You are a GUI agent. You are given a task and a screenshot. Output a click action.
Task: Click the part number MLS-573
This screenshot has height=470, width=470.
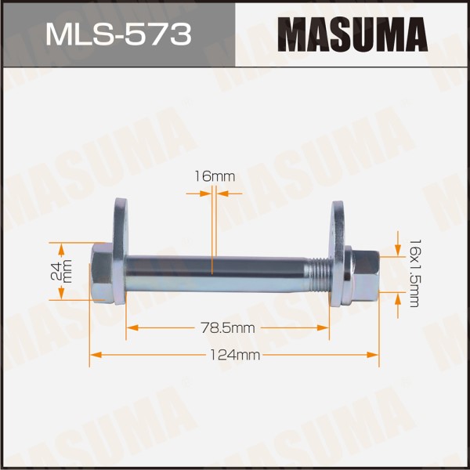(x=118, y=34)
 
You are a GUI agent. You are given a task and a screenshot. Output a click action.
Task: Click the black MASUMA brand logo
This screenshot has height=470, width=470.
(x=352, y=34)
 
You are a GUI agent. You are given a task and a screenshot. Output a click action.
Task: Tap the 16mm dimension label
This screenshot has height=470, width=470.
(x=215, y=176)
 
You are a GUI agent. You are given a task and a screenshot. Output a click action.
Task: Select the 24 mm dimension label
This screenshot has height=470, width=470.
(x=61, y=271)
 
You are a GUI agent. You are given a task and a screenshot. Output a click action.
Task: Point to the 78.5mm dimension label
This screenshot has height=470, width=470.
(x=228, y=328)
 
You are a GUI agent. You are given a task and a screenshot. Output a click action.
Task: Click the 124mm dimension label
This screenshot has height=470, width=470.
(x=234, y=355)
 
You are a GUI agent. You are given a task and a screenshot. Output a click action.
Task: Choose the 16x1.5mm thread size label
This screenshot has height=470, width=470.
(x=415, y=273)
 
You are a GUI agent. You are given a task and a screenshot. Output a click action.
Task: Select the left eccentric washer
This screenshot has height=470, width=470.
(x=121, y=251)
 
